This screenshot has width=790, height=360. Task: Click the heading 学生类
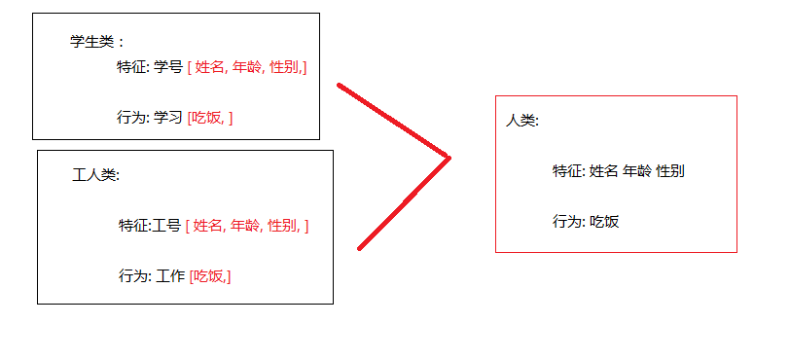[91, 42]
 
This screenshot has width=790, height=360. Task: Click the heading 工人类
[94, 176]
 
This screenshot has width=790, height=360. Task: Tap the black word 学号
[168, 67]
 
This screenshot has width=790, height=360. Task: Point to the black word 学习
[168, 118]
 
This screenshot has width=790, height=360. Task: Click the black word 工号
[166, 226]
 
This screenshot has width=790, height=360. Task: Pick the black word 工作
[170, 276]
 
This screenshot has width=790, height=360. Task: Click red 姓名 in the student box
[210, 67]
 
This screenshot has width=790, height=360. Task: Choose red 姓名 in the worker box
[208, 226]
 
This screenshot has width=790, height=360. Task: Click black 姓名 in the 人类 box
[603, 171]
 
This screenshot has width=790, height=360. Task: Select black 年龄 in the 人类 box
[637, 171]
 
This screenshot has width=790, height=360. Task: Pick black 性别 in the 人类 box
[670, 171]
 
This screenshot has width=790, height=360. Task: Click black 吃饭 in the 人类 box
[604, 222]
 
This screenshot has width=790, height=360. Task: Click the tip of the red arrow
[449, 158]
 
